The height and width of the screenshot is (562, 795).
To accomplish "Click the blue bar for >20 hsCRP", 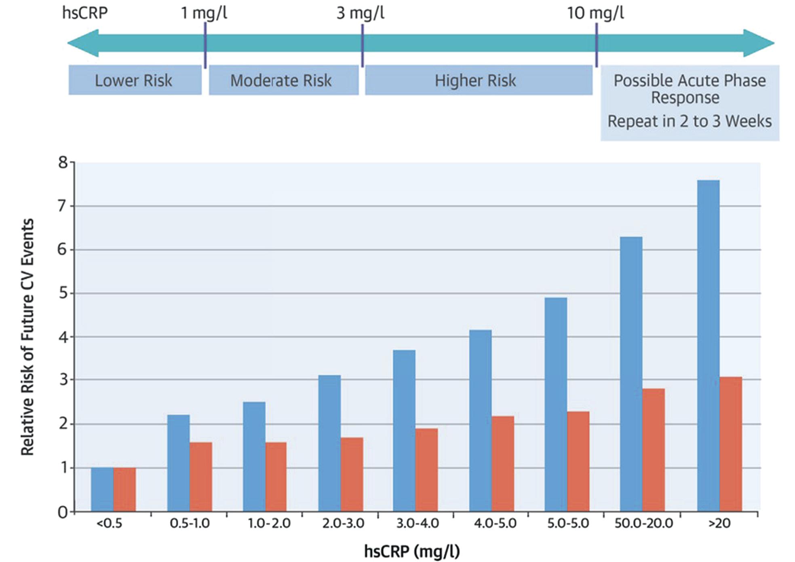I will [708, 346].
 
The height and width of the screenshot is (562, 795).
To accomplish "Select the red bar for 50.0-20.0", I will [653, 450].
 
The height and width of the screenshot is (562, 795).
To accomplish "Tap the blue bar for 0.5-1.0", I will [178, 463].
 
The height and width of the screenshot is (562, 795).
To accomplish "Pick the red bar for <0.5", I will [124, 489].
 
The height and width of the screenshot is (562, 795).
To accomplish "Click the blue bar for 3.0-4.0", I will [404, 431].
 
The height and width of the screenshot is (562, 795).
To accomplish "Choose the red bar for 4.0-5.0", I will [503, 463].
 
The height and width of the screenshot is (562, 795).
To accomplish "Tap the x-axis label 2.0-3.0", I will [343, 523].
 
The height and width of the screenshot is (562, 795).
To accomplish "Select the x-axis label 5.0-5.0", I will [568, 523].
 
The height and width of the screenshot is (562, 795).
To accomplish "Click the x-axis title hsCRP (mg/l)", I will [412, 551].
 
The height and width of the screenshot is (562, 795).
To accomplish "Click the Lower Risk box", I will [135, 80].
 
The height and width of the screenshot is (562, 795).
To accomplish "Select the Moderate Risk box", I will [283, 80].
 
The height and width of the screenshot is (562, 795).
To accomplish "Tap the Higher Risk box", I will [478, 80].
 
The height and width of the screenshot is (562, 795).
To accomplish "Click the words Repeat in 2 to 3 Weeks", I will [690, 121].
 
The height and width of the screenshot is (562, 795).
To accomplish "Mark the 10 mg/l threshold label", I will [595, 13].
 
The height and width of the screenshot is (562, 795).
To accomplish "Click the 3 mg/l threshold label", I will [360, 13].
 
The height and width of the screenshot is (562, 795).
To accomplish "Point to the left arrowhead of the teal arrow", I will [83, 43].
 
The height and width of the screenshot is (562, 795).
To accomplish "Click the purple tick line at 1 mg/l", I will [205, 44].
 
